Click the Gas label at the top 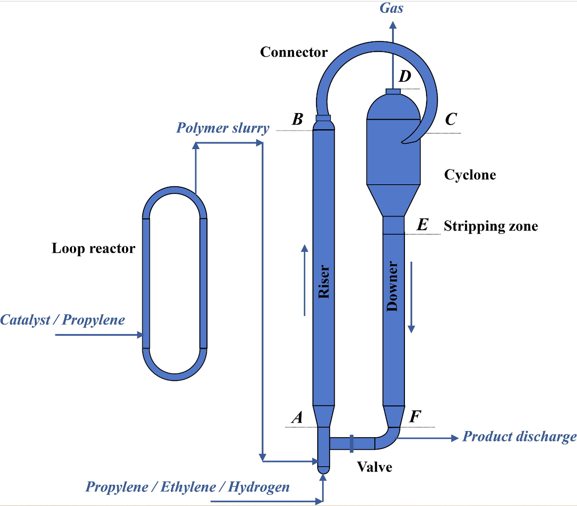click(x=391, y=8)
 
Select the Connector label click(x=294, y=52)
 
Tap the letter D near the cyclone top click(x=405, y=77)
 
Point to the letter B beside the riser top click(x=297, y=119)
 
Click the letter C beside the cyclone click(x=451, y=119)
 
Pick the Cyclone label click(x=470, y=175)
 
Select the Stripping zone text click(x=491, y=226)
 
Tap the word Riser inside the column click(x=324, y=282)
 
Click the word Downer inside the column click(x=392, y=286)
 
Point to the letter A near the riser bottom click(x=297, y=417)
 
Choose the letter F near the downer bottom click(x=415, y=417)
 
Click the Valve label click(x=375, y=467)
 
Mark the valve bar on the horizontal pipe click(x=352, y=443)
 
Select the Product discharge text click(x=520, y=436)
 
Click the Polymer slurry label click(x=223, y=128)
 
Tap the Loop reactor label click(x=93, y=248)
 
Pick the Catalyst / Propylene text click(x=62, y=320)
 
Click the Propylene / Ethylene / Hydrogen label click(x=188, y=487)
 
